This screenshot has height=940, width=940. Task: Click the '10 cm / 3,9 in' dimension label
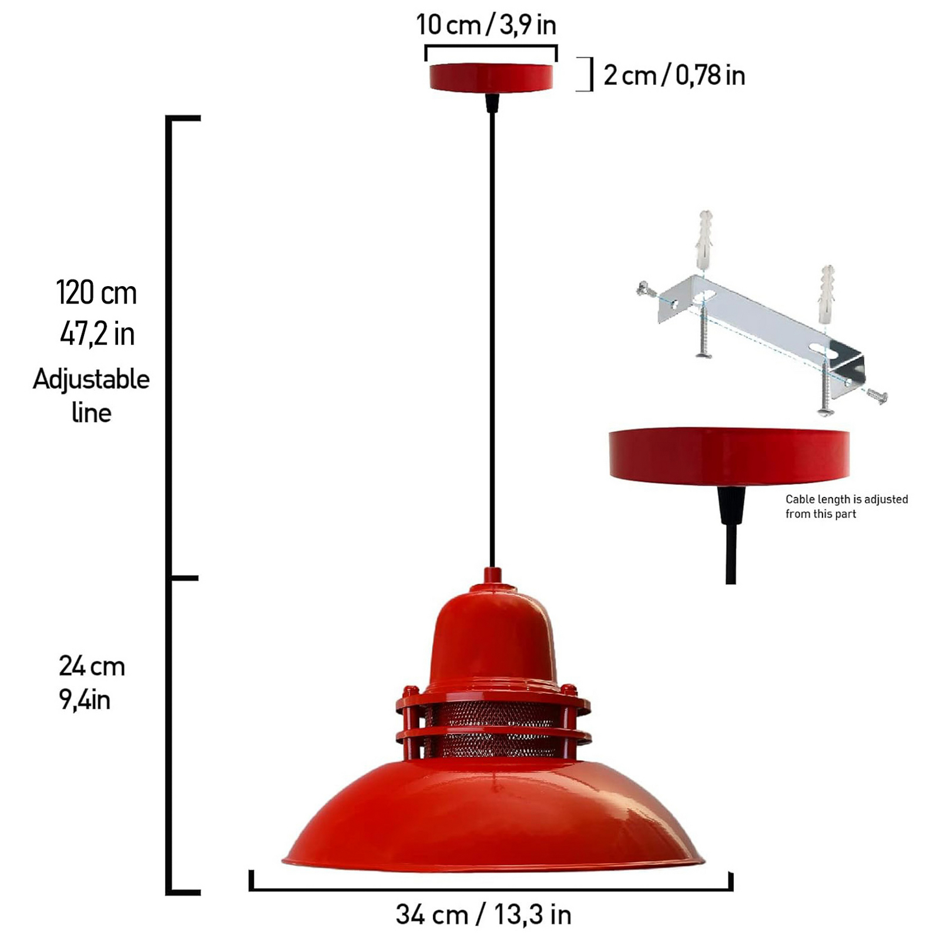click(x=486, y=25)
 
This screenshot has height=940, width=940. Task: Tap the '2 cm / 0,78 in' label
click(x=674, y=75)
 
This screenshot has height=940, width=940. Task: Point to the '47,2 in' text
click(x=97, y=334)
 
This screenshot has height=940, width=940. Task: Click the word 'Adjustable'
click(x=91, y=379)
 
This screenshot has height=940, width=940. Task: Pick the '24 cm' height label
click(x=92, y=666)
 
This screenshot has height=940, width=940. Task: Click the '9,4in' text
click(x=85, y=700)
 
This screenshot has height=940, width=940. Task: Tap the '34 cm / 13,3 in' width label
click(x=483, y=914)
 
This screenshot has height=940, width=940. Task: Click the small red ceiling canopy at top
click(x=491, y=78)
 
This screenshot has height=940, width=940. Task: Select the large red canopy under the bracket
click(x=729, y=455)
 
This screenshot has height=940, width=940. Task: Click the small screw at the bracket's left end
click(x=646, y=288)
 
